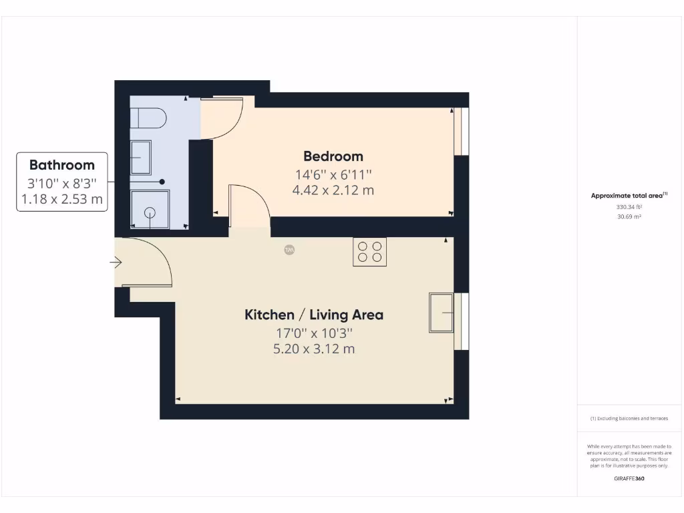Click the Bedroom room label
333,156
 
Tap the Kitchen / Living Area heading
314,315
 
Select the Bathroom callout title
62,165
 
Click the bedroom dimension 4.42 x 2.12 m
333,190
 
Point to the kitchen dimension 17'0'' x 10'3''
314,333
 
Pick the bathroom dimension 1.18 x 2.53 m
62,199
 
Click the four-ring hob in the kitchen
369,252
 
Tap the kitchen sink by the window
442,312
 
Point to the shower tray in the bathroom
149,209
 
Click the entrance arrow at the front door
116,263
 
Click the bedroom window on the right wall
461,132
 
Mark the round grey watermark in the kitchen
290,250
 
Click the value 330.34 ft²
629,207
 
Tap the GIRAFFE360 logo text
629,478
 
